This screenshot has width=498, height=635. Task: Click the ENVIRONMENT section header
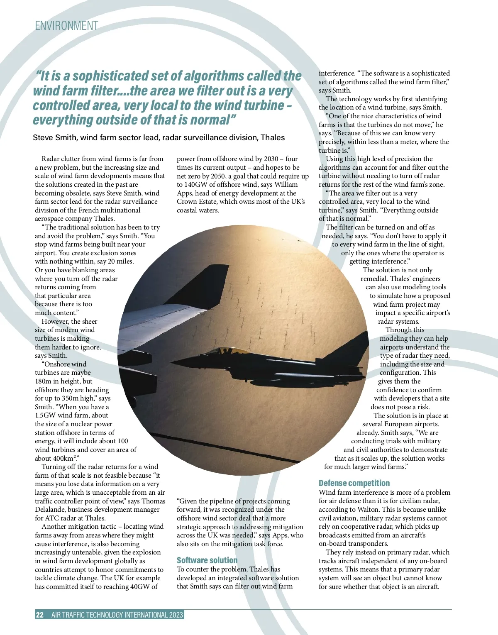(66, 26)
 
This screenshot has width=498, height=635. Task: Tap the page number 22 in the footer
(40, 615)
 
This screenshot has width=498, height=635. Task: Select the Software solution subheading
(207, 560)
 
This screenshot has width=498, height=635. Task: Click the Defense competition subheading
(354, 483)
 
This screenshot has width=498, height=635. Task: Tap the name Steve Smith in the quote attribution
(55, 137)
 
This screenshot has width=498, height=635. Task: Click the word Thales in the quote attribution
(273, 137)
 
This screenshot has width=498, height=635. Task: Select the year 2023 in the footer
(176, 615)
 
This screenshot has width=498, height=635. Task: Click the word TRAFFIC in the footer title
(83, 615)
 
